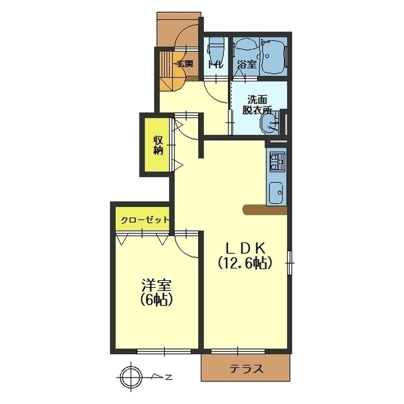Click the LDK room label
(x=246, y=249)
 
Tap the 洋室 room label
(x=157, y=285)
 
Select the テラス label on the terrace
(x=247, y=369)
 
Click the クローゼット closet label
(x=145, y=220)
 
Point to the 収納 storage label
(x=158, y=145)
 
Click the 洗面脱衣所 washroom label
(x=258, y=105)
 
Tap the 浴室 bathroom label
(x=247, y=64)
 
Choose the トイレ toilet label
(x=215, y=64)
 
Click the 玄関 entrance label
(x=185, y=63)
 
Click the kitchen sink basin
(x=276, y=193)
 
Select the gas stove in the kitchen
(x=277, y=162)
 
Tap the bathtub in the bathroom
(x=273, y=57)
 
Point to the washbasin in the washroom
(x=270, y=124)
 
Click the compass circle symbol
(x=131, y=377)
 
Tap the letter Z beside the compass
(x=169, y=377)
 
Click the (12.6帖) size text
(x=245, y=263)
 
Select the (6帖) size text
(x=157, y=300)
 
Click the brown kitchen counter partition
(x=265, y=210)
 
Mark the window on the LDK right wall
(x=290, y=263)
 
